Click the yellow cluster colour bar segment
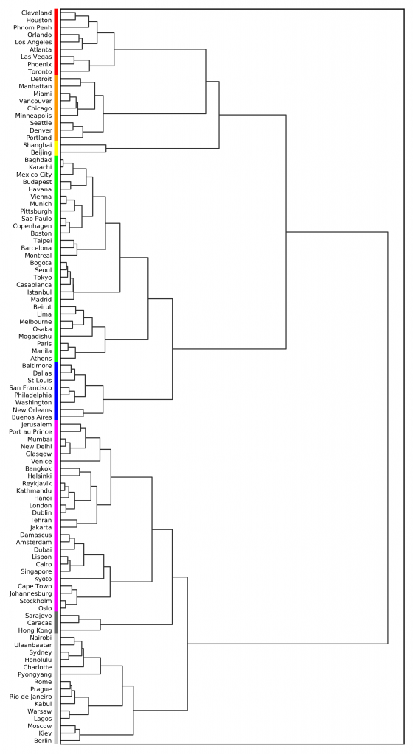[56, 149]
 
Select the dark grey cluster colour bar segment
[56, 623]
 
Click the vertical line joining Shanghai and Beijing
[106, 149]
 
